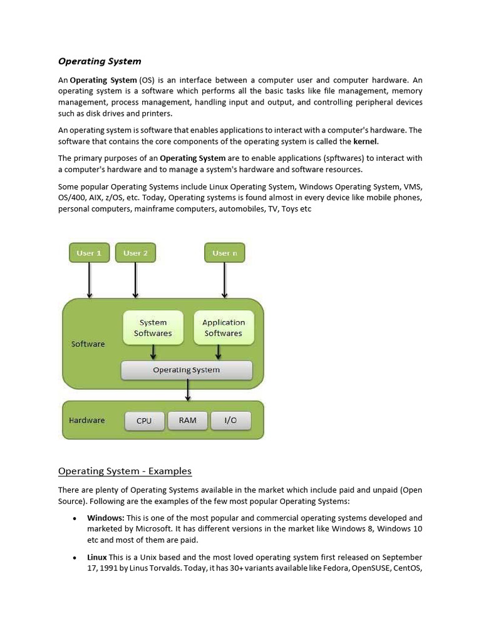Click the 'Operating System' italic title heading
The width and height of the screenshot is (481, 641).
coord(100,61)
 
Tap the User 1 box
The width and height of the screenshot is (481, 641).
coord(89,253)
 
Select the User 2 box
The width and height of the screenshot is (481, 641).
coord(135,253)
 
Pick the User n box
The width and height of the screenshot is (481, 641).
coord(224,253)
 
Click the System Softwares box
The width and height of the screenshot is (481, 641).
coord(153,328)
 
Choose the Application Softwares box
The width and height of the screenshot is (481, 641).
coord(224,328)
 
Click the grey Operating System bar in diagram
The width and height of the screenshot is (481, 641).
coord(187,370)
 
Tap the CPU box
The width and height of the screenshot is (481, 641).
coord(144,421)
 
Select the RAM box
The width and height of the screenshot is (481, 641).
coord(187,420)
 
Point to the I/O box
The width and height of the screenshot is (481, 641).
coord(230,420)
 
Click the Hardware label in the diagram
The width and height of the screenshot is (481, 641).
coord(87,420)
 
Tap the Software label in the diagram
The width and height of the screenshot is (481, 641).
coord(88,344)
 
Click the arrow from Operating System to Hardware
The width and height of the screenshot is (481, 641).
coord(188,390)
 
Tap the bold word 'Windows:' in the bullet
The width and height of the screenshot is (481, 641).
coord(106,518)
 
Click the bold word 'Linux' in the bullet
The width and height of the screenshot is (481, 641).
coord(97,557)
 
